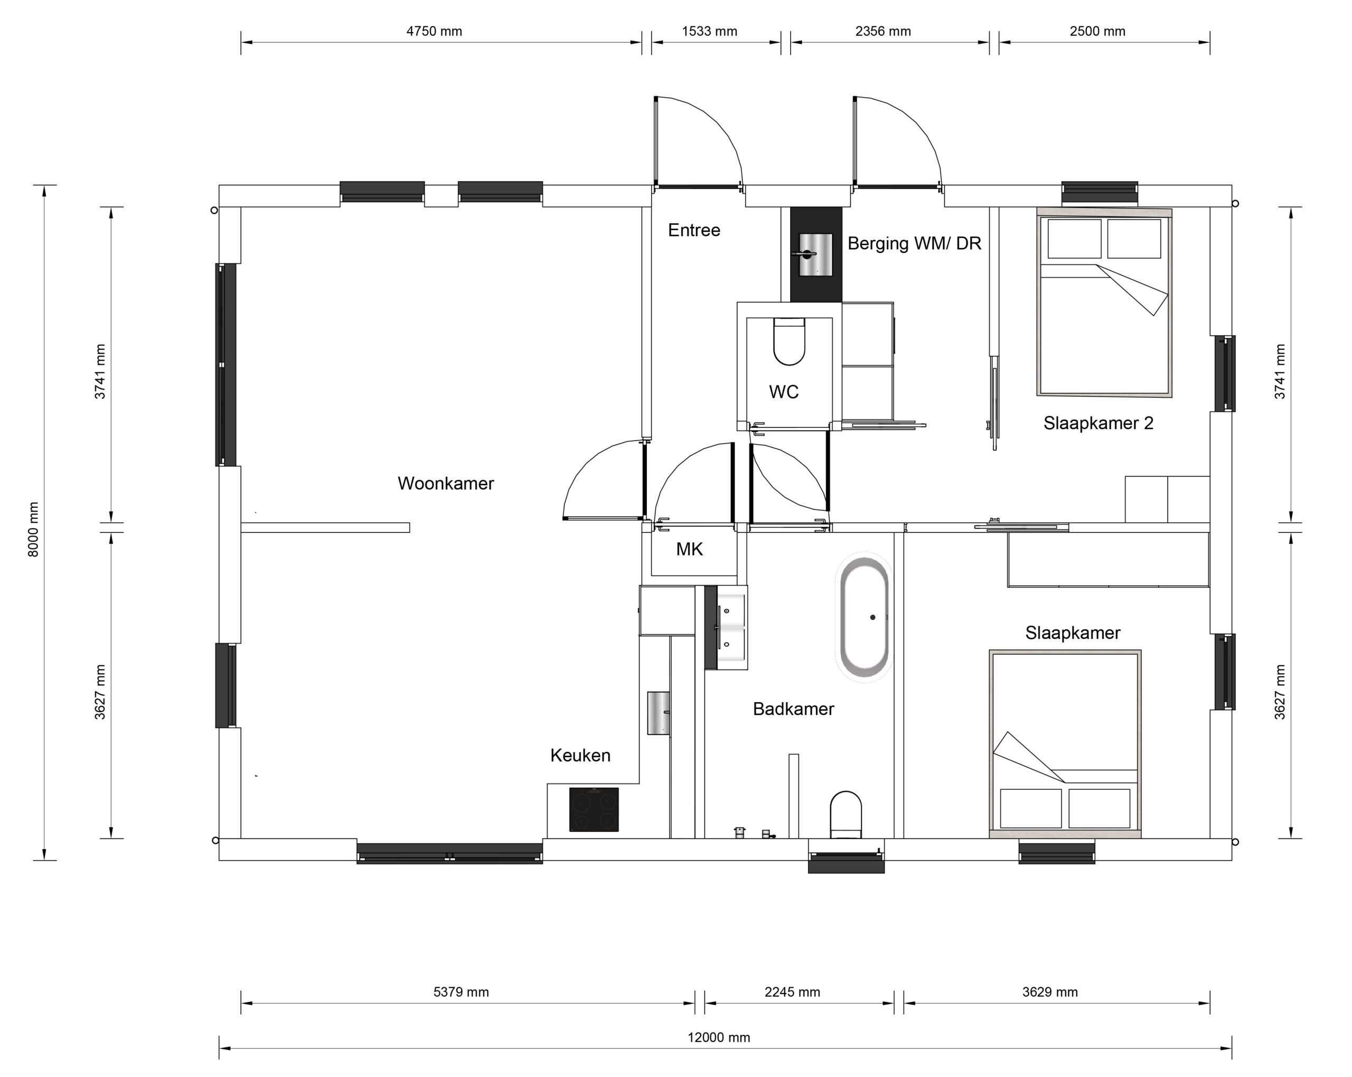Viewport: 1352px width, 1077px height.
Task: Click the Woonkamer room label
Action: [x=446, y=484]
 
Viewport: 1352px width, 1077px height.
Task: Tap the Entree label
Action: [x=693, y=230]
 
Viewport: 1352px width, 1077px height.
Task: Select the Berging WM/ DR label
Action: [x=914, y=243]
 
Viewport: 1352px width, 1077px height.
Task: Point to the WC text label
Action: [x=784, y=392]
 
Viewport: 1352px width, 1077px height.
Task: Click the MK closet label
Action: [x=689, y=549]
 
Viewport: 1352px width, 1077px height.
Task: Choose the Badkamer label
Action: [x=793, y=709]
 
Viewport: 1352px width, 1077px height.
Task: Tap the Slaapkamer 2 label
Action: [x=1098, y=423]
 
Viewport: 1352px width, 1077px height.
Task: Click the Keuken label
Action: [x=580, y=755]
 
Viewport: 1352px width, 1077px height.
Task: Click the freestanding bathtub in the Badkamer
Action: [x=864, y=617]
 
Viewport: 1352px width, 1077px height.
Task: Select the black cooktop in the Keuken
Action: [x=594, y=809]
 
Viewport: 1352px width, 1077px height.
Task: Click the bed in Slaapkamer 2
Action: [x=1104, y=302]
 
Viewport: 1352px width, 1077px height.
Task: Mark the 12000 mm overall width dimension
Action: [x=719, y=1037]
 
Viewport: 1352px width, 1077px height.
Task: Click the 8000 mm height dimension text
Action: [x=33, y=530]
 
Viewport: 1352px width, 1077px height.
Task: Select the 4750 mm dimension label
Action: [x=434, y=31]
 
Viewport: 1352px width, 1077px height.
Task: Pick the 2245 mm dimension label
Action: [x=792, y=992]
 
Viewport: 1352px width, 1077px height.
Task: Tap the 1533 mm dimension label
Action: [x=709, y=31]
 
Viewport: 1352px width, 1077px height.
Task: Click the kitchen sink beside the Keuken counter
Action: [x=659, y=713]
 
